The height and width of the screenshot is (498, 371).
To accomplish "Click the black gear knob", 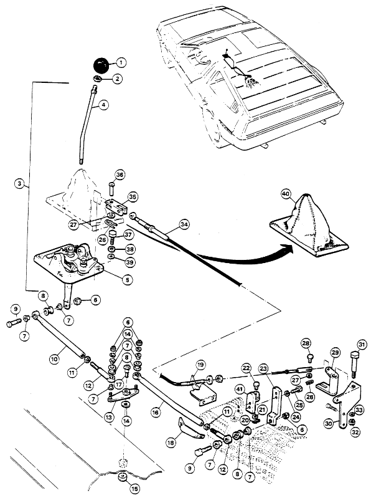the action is coord(101,65).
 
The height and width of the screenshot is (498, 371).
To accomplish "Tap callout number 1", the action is coord(121,62).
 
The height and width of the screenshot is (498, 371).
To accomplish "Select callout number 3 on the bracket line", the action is coord(20,183).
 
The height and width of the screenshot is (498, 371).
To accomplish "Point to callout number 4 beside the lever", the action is coord(103,105).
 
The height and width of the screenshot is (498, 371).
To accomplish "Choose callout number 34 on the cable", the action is coord(184,224).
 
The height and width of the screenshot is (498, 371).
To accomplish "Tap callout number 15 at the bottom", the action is coord(135,489).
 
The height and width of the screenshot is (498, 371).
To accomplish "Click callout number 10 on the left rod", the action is coord(55,359).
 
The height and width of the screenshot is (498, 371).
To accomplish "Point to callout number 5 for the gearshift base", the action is coord(128,279).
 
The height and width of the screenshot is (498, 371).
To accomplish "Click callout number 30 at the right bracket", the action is coord(329,423).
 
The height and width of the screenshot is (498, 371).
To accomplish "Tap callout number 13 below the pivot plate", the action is coord(109,417).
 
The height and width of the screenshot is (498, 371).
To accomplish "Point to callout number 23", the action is coord(264,369).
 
